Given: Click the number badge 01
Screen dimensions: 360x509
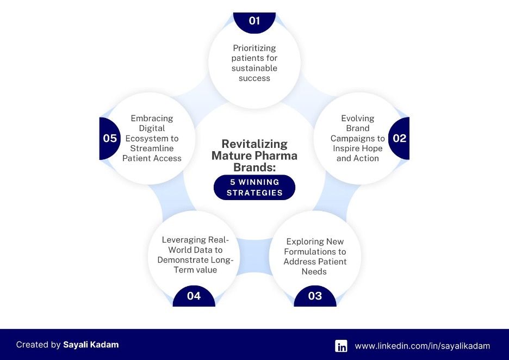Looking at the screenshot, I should click(254, 21).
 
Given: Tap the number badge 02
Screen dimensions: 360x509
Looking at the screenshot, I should click(399, 138).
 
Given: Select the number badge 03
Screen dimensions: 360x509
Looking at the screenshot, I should click(315, 296).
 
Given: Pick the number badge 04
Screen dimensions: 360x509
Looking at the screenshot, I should click(194, 296).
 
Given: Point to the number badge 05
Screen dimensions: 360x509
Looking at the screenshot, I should click(110, 138).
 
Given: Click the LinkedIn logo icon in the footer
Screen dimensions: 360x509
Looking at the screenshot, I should click(341, 346).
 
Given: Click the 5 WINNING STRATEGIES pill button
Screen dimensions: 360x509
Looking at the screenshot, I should click(254, 188).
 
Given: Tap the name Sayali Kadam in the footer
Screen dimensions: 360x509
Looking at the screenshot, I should click(91, 344).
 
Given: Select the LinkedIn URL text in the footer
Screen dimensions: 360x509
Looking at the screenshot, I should click(423, 346).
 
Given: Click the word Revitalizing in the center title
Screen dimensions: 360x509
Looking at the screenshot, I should click(254, 144).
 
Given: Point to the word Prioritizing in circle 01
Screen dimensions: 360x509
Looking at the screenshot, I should click(254, 48).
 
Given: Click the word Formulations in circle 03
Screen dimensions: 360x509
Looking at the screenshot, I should click(315, 251).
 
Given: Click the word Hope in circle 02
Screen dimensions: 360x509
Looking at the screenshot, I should click(371, 148).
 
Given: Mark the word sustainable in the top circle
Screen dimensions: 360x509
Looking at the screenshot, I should click(254, 68).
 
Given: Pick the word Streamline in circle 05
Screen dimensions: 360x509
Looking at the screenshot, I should click(152, 148).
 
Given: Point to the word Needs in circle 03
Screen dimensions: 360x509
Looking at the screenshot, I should click(314, 271).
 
